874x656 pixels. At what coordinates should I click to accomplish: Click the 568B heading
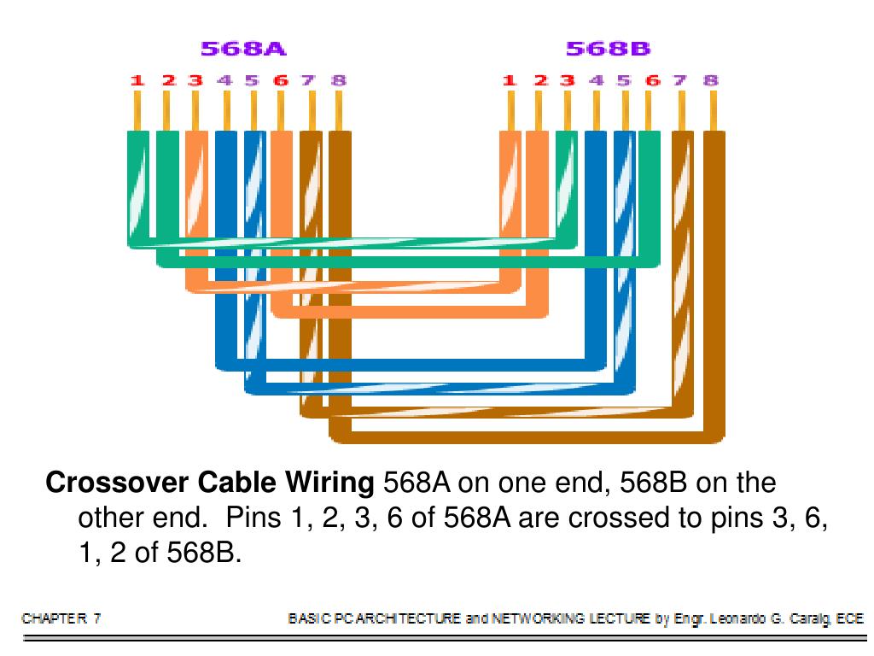(608, 49)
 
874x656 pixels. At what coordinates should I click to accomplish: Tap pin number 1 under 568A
(137, 81)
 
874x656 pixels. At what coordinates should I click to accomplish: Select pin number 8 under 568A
(339, 81)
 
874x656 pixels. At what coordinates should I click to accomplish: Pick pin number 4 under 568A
(224, 81)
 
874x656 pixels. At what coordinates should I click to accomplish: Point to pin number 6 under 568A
(281, 81)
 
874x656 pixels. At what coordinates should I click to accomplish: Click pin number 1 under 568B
(510, 81)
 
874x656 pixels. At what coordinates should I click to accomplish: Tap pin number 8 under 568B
(710, 81)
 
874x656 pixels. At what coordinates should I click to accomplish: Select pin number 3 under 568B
(567, 81)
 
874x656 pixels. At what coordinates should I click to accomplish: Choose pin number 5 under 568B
(624, 81)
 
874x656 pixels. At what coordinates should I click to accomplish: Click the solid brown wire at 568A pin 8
(340, 256)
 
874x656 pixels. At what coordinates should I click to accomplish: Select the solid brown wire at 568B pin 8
(714, 256)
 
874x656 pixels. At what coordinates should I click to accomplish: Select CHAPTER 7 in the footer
(61, 618)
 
